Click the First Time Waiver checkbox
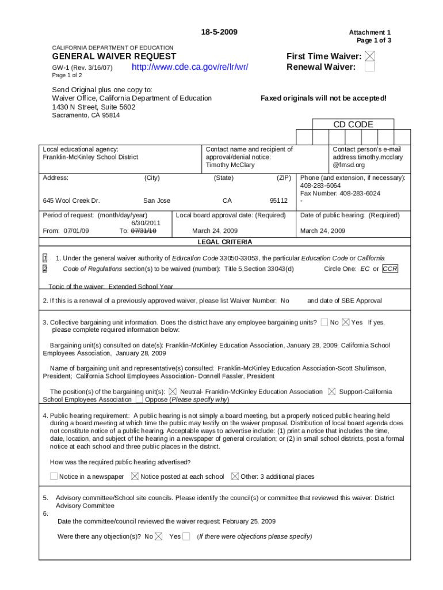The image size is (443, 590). coord(370,56)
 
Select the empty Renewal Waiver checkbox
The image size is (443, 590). coord(370,67)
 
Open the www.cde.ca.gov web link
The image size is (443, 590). coord(190,67)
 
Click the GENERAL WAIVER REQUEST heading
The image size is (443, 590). coord(114,56)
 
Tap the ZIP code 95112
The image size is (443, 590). coord(278,201)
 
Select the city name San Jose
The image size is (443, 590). coord(156,201)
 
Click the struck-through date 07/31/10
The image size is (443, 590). coord(143,230)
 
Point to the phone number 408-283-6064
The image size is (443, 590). coord(320,186)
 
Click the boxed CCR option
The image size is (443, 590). coord(390,269)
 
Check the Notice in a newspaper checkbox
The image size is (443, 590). coord(54,476)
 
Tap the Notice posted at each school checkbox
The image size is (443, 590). coord(135,476)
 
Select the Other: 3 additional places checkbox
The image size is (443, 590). coord(235,476)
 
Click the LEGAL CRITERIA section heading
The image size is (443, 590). coord(225,242)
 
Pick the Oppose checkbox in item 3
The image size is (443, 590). coord(139,399)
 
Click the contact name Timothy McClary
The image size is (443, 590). coord(230,165)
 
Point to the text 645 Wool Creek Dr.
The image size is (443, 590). coord(71,201)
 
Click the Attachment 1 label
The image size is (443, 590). coord(373,33)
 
